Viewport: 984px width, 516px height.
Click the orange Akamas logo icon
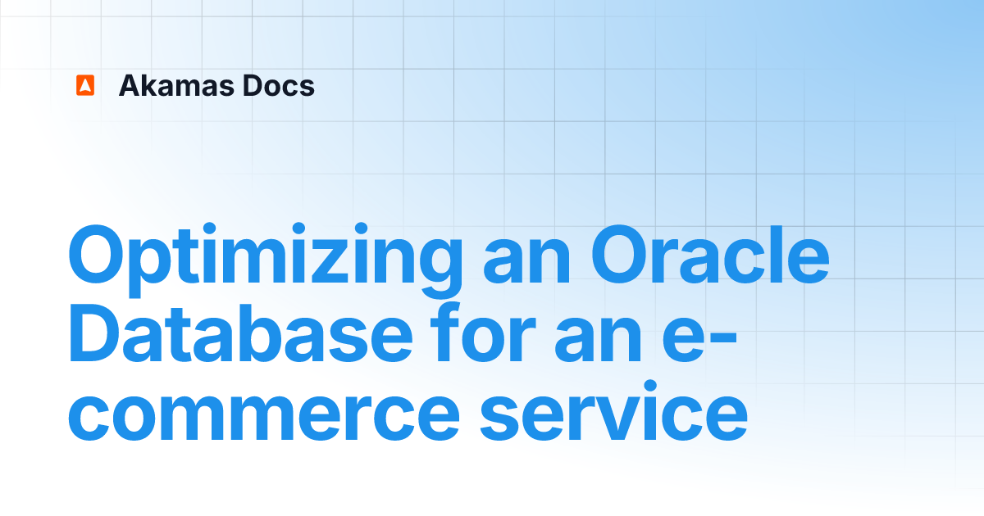pos(85,85)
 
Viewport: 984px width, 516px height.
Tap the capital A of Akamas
pos(131,86)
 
